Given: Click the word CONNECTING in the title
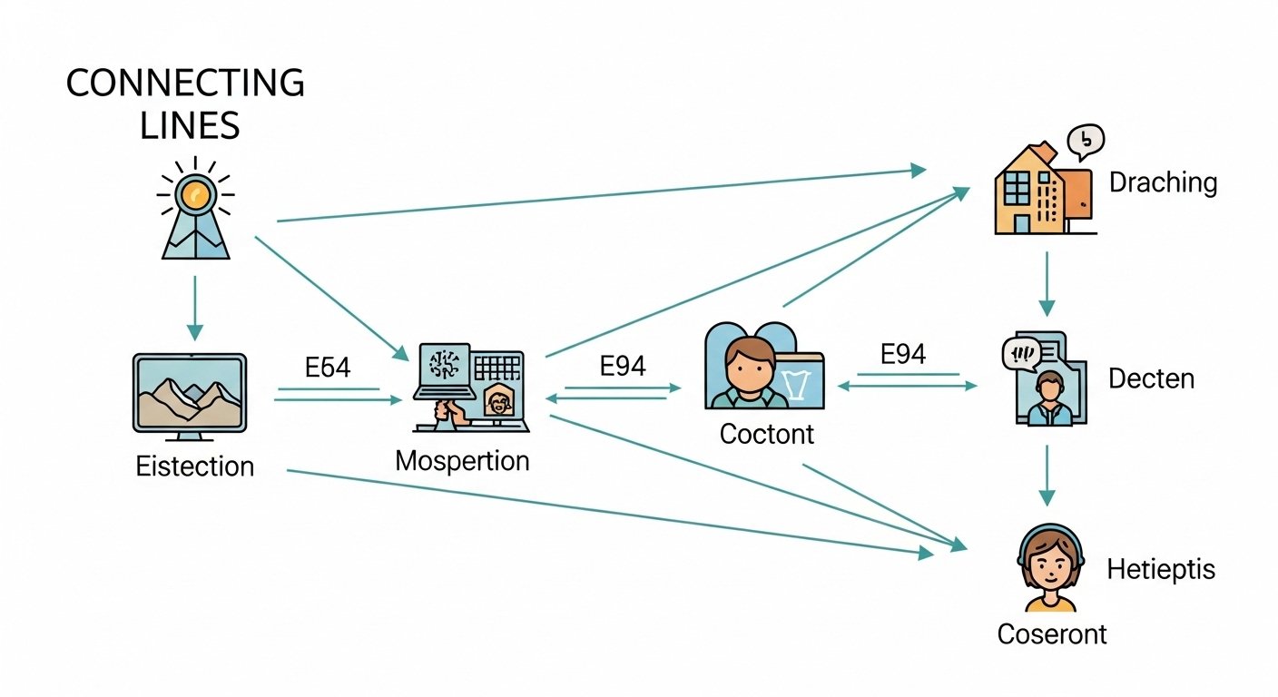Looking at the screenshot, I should tap(185, 83).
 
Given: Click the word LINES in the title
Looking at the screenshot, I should tap(190, 125).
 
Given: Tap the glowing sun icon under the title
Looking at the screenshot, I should tap(195, 193).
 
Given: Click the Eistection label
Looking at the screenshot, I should tap(194, 466).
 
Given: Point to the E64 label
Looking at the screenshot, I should tap(328, 368).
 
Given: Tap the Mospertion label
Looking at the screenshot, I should tap(462, 460).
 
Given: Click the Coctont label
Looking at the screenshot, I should tap(767, 434).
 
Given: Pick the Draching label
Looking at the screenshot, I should tap(1163, 182).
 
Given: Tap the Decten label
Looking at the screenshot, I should tap(1151, 378).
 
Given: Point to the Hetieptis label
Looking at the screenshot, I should tap(1160, 570).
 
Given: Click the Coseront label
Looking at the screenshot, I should tap(1051, 633).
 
